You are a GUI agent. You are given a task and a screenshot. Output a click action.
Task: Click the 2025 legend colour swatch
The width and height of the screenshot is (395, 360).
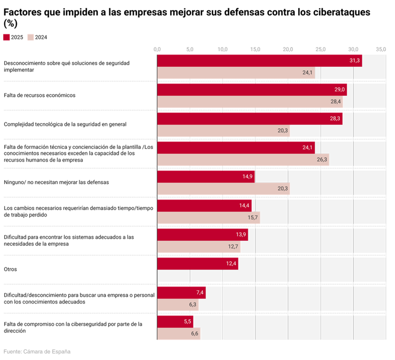coord(7,37)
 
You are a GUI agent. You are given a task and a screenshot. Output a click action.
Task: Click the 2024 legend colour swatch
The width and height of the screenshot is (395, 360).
coord(31,37)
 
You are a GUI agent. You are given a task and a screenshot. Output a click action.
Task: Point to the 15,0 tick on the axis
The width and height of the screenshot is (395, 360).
coord(255,49)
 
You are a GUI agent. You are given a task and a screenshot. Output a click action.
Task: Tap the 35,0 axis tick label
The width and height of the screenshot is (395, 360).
coord(381,49)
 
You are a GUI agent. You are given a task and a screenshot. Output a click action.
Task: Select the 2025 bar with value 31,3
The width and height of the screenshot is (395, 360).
coord(259,61)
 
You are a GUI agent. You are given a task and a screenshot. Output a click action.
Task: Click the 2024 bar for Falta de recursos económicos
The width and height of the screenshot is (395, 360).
coord(250,102)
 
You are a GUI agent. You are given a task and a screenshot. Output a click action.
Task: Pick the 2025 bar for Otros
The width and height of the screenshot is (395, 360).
coord(197,264)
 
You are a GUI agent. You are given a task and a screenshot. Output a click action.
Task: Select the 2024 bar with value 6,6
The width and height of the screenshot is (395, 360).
coord(178,334)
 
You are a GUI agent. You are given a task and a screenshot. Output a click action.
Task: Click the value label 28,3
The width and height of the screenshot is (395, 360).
coord(335,119)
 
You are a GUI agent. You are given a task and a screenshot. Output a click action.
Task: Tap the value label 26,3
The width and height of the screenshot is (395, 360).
coord(322,160)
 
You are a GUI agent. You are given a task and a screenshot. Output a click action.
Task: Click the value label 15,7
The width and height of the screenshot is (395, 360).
coord(253,218)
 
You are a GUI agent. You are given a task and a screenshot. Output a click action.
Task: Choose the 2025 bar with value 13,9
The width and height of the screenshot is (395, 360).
coord(202,235)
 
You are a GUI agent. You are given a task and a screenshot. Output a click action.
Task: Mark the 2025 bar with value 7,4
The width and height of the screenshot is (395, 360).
coord(181,293)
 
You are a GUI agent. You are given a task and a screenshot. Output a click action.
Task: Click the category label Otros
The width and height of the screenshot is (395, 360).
coord(10,269)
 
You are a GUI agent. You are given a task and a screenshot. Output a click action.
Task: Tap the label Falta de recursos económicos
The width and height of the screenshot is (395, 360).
coord(39,95)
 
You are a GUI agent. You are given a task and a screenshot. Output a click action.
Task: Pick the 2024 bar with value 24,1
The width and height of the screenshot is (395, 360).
coord(236,72)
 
